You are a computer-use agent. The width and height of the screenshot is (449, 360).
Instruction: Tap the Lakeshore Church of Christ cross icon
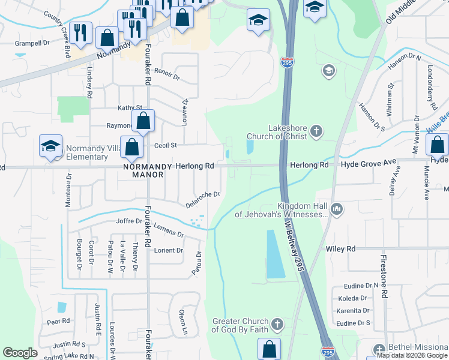pyautogui.click(x=316, y=130)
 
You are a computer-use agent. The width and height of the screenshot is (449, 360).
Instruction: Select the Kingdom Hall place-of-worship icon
pyautogui.click(x=337, y=208)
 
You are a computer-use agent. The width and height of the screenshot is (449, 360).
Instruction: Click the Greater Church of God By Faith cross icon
pyautogui.click(x=277, y=325)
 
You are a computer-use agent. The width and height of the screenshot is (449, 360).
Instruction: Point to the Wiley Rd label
pyautogui.click(x=341, y=248)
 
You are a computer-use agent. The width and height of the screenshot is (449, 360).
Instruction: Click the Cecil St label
pyautogui.click(x=166, y=145)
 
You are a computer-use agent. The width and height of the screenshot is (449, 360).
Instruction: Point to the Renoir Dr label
pyautogui.click(x=167, y=73)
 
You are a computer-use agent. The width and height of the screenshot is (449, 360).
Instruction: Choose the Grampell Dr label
pyautogui.click(x=32, y=43)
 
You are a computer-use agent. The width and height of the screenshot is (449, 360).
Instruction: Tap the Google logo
pyautogui.click(x=20, y=353)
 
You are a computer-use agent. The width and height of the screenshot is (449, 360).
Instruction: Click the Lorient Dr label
pyautogui.click(x=169, y=251)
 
